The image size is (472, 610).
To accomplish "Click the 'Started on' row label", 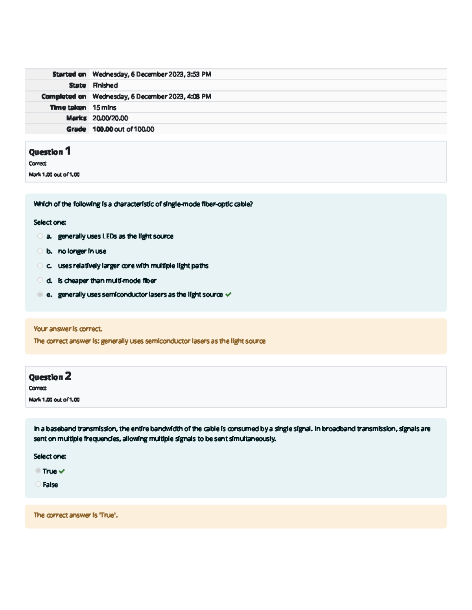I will [x=69, y=74].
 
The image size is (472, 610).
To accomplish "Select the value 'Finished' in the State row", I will [x=105, y=85].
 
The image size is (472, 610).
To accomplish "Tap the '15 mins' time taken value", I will [x=104, y=107].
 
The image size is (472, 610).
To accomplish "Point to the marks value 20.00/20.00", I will [x=110, y=118].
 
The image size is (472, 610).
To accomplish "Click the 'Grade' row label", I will [x=76, y=129].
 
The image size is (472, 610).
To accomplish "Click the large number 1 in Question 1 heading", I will [x=68, y=151].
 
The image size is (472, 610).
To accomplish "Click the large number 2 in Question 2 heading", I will [x=68, y=376].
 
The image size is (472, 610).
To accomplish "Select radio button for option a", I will [x=40, y=236].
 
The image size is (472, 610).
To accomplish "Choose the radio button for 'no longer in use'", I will [x=40, y=251].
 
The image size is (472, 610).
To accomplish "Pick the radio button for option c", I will [x=40, y=266].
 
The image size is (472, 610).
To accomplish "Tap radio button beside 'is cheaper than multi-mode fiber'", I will [x=40, y=280].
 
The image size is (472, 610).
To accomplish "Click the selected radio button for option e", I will [x=40, y=295].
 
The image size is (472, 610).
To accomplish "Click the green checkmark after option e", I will [x=229, y=294].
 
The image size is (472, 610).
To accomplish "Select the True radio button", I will [x=38, y=471].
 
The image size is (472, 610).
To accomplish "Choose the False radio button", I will [x=38, y=484].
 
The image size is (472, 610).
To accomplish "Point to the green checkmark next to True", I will [x=62, y=471].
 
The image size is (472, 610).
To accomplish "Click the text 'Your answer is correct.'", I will [x=68, y=329].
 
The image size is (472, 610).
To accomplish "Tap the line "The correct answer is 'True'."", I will [x=76, y=515].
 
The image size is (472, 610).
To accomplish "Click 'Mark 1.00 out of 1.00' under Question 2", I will [x=54, y=399].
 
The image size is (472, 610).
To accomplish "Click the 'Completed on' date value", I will [x=151, y=96].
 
